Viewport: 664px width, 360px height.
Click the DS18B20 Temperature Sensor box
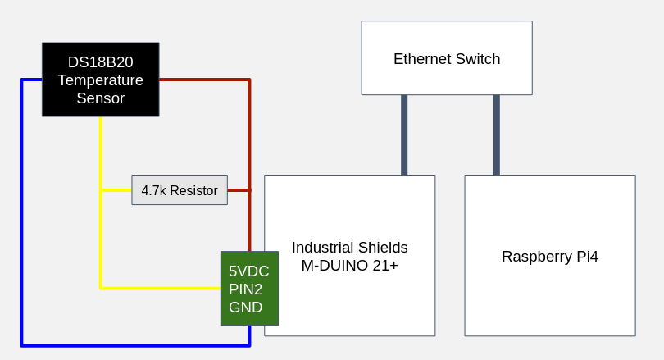tap(100, 80)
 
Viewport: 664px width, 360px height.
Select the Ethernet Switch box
tap(446, 58)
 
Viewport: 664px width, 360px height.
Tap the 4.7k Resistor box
tap(179, 190)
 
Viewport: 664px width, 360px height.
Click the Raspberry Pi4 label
tap(549, 257)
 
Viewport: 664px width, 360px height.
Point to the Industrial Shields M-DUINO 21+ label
tap(349, 257)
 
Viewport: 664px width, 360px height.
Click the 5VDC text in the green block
tap(248, 271)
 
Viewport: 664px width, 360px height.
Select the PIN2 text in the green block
tap(245, 289)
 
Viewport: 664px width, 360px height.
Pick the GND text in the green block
tap(245, 308)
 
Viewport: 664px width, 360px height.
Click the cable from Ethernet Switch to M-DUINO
tap(404, 135)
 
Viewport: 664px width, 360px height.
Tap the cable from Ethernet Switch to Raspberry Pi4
tap(496, 135)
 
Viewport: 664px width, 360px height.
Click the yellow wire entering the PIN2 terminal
tap(164, 288)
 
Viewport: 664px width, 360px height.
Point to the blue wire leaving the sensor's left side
tap(31, 80)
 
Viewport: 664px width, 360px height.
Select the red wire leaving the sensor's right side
tap(205, 80)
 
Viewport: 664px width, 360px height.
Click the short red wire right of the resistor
tap(239, 190)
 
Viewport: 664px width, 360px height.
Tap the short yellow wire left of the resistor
tap(116, 190)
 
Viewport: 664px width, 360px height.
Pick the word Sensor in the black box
tap(100, 98)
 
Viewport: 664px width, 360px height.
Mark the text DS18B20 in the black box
tap(100, 62)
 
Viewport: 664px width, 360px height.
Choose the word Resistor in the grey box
tap(194, 191)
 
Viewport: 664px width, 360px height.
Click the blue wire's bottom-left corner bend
tap(22, 345)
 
